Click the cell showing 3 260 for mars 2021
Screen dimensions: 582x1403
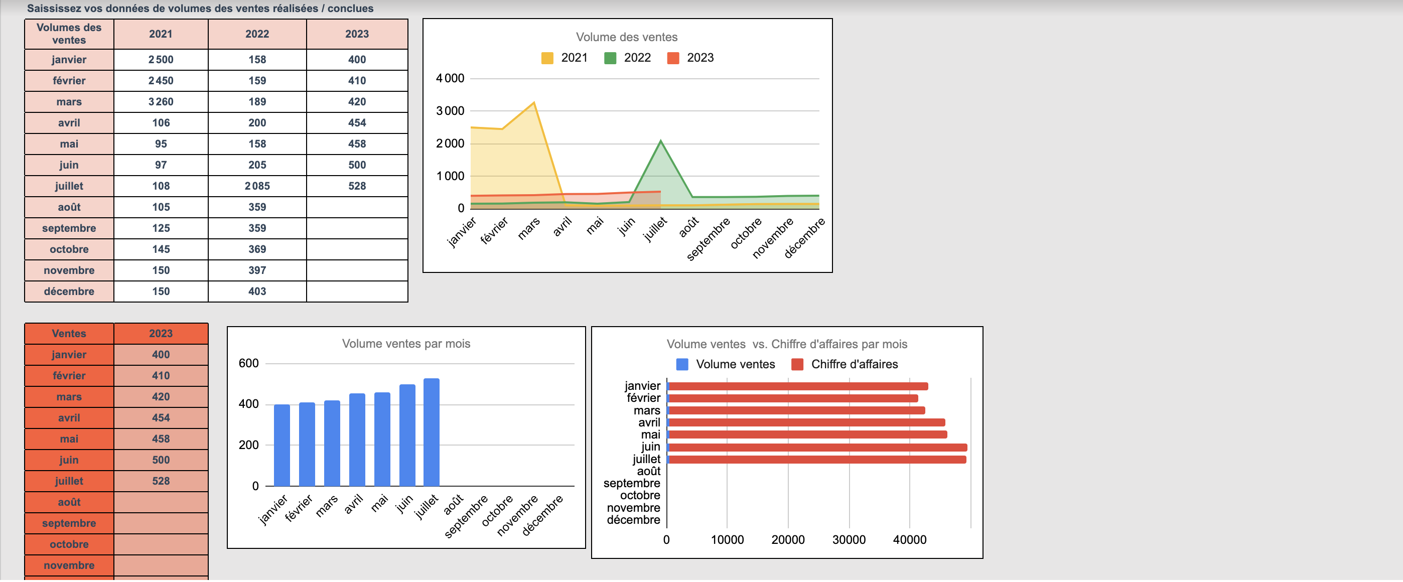pos(161,102)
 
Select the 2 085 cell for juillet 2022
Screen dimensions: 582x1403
pos(257,186)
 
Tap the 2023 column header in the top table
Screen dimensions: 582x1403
pos(357,34)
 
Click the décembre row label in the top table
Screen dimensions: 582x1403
pos(69,292)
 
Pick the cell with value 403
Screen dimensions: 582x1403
pos(257,292)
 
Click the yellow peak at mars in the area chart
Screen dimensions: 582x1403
pos(533,103)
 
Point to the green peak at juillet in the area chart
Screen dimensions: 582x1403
pos(661,142)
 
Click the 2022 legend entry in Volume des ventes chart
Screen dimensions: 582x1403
pos(636,58)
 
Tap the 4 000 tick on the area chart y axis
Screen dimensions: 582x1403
pos(450,78)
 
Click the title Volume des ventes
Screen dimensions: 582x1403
pos(626,37)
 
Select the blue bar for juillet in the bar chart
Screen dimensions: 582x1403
pos(432,432)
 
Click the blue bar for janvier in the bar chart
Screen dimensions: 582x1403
pos(282,446)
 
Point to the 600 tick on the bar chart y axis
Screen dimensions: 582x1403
pos(248,363)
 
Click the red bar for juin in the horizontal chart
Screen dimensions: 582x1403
pos(817,448)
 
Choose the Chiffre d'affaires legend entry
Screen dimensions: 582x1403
pos(854,364)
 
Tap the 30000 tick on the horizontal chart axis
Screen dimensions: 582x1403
pos(849,539)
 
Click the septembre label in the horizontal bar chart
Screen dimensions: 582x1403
pos(631,484)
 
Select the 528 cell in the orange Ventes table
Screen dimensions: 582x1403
pos(161,481)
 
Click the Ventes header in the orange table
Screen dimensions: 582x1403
pos(69,333)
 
